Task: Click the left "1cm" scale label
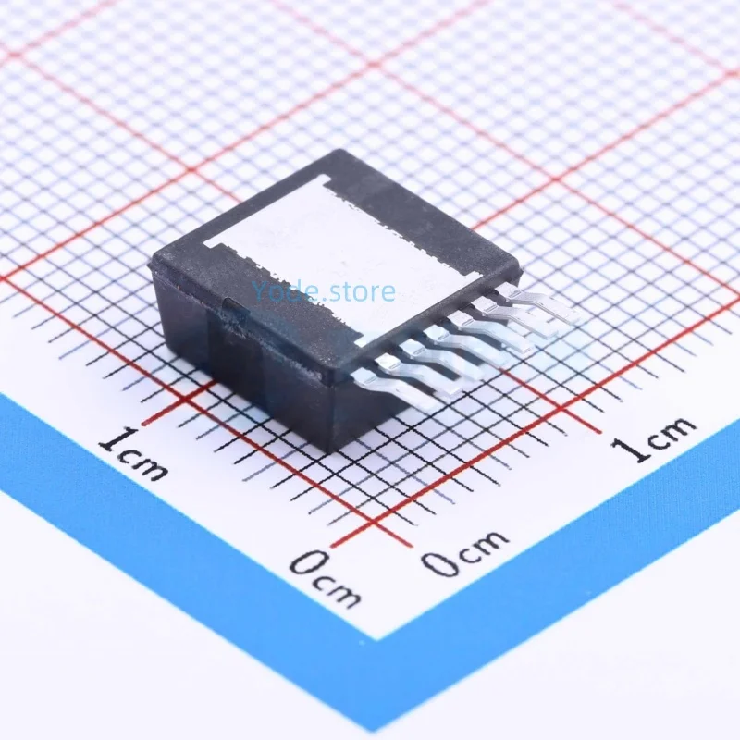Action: [133, 454]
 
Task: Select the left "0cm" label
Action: [324, 576]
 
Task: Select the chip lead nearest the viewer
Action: [398, 384]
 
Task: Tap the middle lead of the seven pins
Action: [472, 339]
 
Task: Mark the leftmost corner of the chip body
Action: [151, 264]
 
